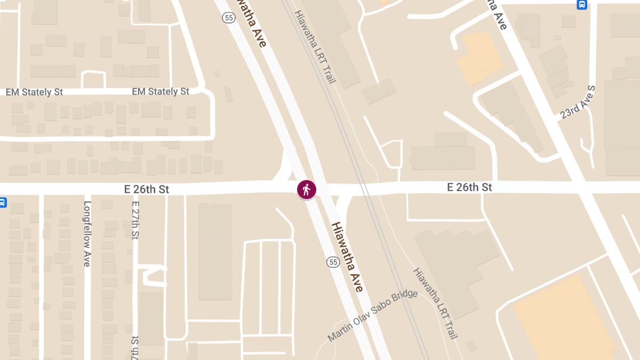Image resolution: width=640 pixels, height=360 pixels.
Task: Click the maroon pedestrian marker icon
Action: pos(306,189)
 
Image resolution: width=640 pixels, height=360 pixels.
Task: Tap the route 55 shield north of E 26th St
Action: pos(229,18)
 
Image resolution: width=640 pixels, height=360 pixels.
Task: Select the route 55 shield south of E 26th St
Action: pos(333,262)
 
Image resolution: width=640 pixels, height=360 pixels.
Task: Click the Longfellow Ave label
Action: pos(87,234)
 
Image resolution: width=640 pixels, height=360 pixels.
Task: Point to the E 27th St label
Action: pos(135,220)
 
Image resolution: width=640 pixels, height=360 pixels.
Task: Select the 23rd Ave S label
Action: pos(577,102)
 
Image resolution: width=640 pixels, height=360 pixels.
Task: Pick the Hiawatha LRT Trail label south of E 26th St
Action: pos(435,302)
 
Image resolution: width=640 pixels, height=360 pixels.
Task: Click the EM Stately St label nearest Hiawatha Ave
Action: pos(161,92)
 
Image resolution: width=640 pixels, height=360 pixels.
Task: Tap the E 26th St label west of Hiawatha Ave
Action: pos(146,189)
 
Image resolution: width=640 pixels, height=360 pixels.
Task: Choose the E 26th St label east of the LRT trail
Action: pos(469,187)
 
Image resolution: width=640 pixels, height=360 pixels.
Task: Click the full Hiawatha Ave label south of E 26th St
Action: pos(347,257)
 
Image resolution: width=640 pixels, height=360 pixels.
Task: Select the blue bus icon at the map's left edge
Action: pos(2,203)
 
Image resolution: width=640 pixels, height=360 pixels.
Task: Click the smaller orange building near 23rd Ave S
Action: pos(479,58)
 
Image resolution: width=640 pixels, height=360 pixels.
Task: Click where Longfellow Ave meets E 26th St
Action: pos(87,189)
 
